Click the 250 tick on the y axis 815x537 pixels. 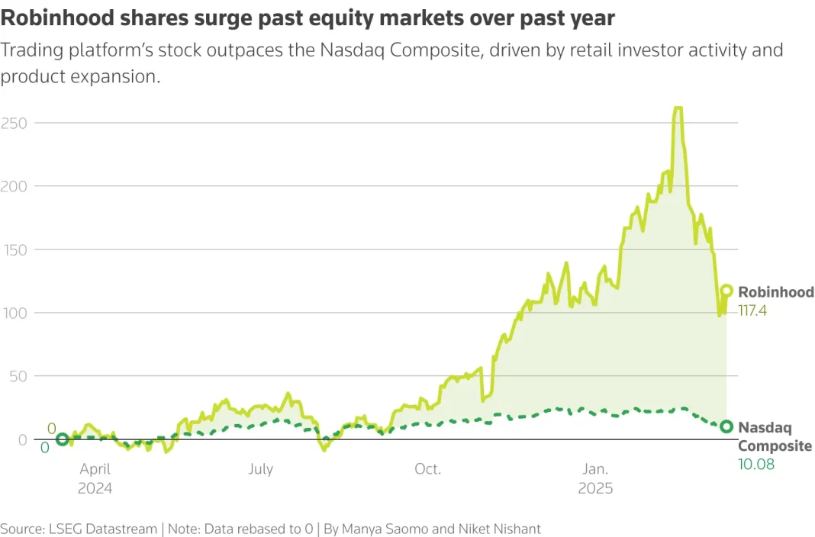[14, 123]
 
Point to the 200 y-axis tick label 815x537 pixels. [14, 186]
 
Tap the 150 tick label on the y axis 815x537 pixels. [14, 249]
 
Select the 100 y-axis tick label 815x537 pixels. [14, 313]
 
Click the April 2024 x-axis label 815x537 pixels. [95, 478]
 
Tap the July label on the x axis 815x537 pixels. [261, 469]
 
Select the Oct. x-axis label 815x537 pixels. [428, 469]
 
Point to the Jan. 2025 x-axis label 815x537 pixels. [595, 478]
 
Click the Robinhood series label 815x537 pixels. [776, 292]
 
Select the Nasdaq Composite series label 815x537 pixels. [775, 437]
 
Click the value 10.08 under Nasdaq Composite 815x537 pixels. [756, 464]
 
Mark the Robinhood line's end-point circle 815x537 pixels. [726, 291]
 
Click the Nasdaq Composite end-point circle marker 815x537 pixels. [726, 427]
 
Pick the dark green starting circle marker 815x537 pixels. [63, 439]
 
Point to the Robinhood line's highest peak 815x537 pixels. [678, 108]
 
